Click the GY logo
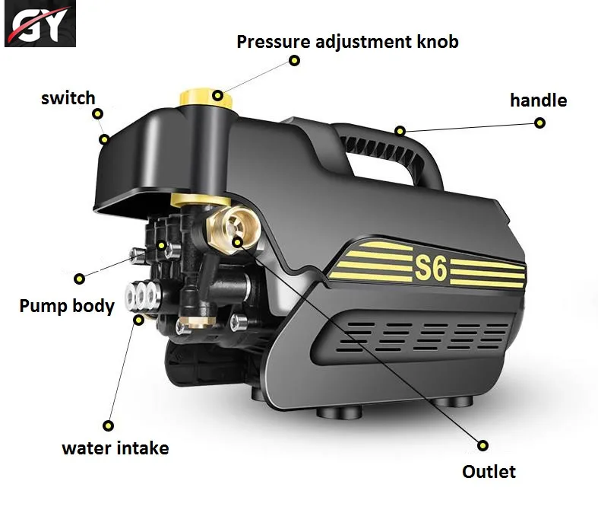(x=40, y=24)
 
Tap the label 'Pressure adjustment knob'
(x=347, y=41)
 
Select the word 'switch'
(x=68, y=97)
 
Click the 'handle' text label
(x=538, y=100)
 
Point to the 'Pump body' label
(x=67, y=306)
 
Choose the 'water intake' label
(x=115, y=448)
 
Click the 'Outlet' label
(x=489, y=471)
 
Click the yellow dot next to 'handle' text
(x=539, y=123)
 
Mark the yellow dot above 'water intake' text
(x=109, y=425)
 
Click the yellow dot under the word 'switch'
(x=97, y=114)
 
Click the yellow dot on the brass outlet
(x=238, y=242)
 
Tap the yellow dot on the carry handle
(x=400, y=131)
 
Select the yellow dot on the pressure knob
(x=218, y=96)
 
